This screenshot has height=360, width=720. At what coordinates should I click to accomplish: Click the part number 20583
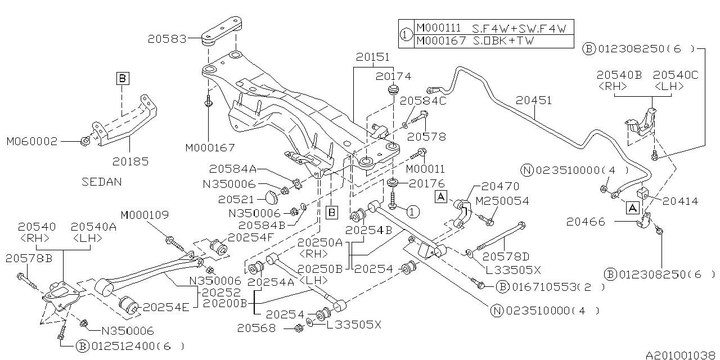click(167, 39)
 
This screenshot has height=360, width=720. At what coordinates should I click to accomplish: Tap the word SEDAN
click(101, 182)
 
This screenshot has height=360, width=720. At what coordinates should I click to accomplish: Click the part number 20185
click(130, 161)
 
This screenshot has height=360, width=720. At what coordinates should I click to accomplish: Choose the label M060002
click(32, 141)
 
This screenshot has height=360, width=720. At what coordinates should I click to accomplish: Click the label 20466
click(586, 222)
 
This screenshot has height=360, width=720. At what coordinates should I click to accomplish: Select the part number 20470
click(500, 186)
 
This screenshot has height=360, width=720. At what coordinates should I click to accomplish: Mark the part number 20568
click(256, 327)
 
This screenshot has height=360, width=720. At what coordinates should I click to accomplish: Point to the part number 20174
click(394, 76)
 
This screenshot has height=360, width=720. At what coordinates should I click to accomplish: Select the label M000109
click(145, 215)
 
